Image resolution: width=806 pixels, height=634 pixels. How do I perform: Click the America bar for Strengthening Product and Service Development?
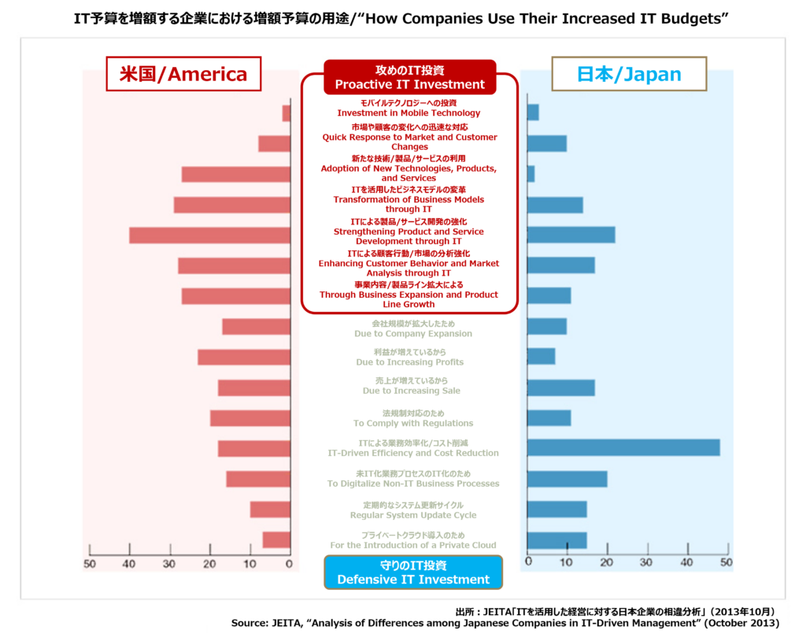pos(209,235)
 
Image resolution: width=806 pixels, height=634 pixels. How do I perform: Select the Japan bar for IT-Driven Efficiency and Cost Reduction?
pos(623,447)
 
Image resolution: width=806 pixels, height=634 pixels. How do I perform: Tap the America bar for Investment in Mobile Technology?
pos(286,113)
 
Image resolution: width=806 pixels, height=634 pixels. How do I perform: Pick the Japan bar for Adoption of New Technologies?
pos(531,173)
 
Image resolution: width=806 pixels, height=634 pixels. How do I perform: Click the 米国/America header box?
pos(183,74)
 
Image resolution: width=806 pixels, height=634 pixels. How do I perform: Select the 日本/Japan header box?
pos(629,74)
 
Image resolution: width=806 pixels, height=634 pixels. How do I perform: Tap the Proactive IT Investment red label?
pos(409,77)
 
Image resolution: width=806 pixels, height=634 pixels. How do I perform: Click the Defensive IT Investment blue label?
pos(413,573)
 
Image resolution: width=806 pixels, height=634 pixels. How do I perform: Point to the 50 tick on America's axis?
pos(90,563)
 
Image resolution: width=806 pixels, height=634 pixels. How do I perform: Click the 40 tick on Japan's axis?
pos(686,563)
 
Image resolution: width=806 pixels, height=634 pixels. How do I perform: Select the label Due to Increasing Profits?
pos(409,362)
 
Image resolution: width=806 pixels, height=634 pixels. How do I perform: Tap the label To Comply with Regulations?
pos(412,423)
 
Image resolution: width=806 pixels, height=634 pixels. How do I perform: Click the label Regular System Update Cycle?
pos(412,515)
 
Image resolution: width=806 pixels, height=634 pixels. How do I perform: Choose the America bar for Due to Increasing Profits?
pos(244,357)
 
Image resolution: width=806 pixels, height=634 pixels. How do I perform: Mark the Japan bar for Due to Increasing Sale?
pos(560,387)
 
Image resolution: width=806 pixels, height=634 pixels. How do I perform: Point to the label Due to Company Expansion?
pos(412,333)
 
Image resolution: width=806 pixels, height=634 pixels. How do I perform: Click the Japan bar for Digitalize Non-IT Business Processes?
pos(567,479)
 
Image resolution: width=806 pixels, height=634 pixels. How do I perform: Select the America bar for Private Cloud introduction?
pos(276,539)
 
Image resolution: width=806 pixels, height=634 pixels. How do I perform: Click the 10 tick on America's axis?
pos(250,563)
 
